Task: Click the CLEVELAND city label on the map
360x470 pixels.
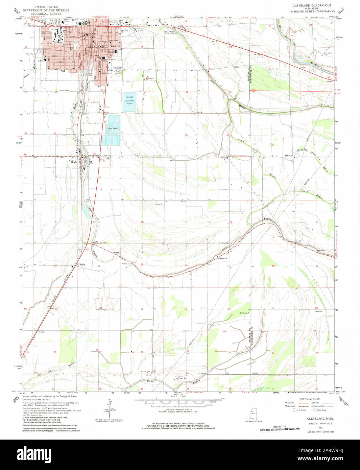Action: point(95,46)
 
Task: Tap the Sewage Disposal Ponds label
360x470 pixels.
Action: point(130,100)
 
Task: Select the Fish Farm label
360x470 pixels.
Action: point(113,128)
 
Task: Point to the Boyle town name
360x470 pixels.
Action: point(74,162)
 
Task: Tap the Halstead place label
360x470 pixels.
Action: point(288,156)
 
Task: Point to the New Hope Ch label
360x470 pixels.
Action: point(223,243)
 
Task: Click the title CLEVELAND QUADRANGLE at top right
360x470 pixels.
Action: point(312,6)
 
